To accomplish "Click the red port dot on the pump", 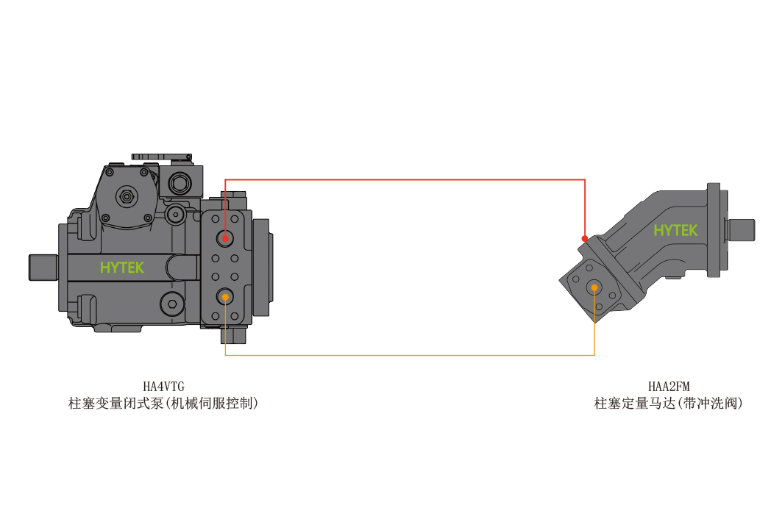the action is tap(225, 239).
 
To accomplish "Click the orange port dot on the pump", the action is tap(225, 297).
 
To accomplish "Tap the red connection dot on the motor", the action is tap(585, 239).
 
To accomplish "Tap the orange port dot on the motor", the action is tap(594, 287).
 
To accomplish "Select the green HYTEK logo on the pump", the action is tap(122, 268).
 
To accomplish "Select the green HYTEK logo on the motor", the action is tap(675, 230).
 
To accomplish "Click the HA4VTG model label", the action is tap(164, 387).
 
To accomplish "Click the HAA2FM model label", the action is tap(669, 387).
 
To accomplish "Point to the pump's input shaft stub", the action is tap(43, 268).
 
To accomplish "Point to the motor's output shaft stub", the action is tap(741, 230).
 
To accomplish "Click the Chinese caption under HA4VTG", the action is tap(163, 404).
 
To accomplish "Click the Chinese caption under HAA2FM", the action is tap(668, 404).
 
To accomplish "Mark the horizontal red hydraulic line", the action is tap(405, 180).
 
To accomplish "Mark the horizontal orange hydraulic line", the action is tap(410, 354).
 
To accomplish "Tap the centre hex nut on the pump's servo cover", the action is tap(127, 197).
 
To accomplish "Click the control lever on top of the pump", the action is tap(162, 157).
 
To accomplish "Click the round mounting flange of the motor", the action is tap(714, 230).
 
